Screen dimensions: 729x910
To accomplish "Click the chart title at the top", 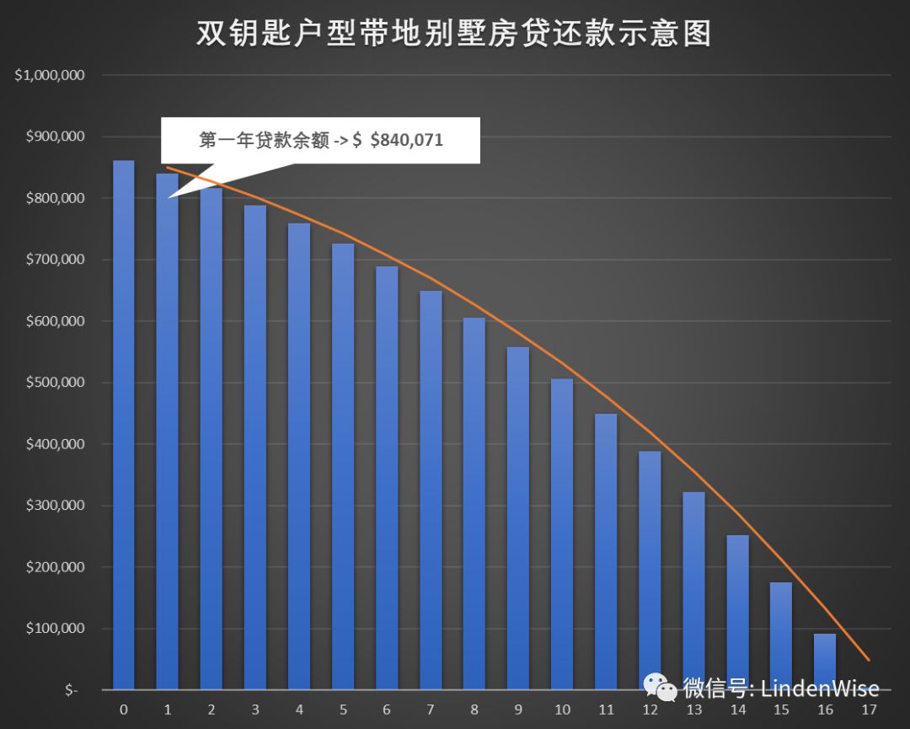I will pos(454,34).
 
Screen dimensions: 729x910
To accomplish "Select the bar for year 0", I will pos(123,425).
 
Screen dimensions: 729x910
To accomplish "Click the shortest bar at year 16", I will pos(825,662).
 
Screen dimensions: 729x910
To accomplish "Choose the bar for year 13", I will pos(693,590).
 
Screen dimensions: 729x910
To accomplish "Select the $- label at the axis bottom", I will pos(70,690).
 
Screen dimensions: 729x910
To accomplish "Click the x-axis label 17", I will pos(869,710).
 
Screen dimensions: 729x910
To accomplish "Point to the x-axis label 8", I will pos(474,710).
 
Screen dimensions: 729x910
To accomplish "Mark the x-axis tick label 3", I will pos(255,710).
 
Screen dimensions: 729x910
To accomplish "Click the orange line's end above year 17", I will pos(869,660).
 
